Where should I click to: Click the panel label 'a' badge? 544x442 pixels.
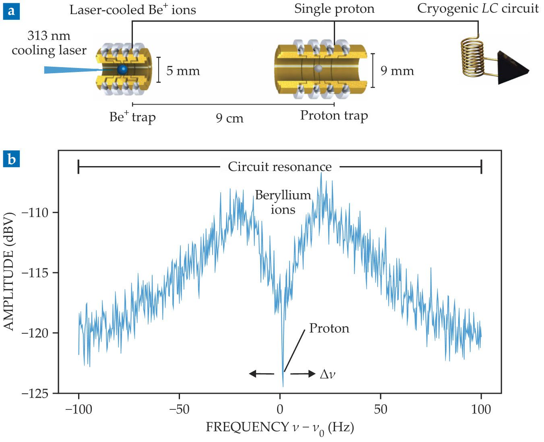pos(11,11)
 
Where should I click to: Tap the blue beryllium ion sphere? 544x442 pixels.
pos(122,69)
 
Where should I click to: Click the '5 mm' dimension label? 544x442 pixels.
pos(183,71)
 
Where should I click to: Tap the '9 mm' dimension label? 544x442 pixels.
pos(397,71)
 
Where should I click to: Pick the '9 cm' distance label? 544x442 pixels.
pos(230,118)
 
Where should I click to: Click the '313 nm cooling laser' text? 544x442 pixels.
pos(49,43)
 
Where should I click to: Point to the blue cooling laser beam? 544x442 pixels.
pos(68,70)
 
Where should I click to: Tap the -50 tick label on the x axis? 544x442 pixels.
pos(179,409)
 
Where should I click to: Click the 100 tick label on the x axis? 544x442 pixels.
pos(481,409)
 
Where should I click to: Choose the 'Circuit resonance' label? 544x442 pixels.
pos(279,167)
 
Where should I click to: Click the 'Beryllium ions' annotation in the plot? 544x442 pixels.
pos(283,202)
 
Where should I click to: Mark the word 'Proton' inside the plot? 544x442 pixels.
pos(329,329)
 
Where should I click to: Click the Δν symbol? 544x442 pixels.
pos(327,374)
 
